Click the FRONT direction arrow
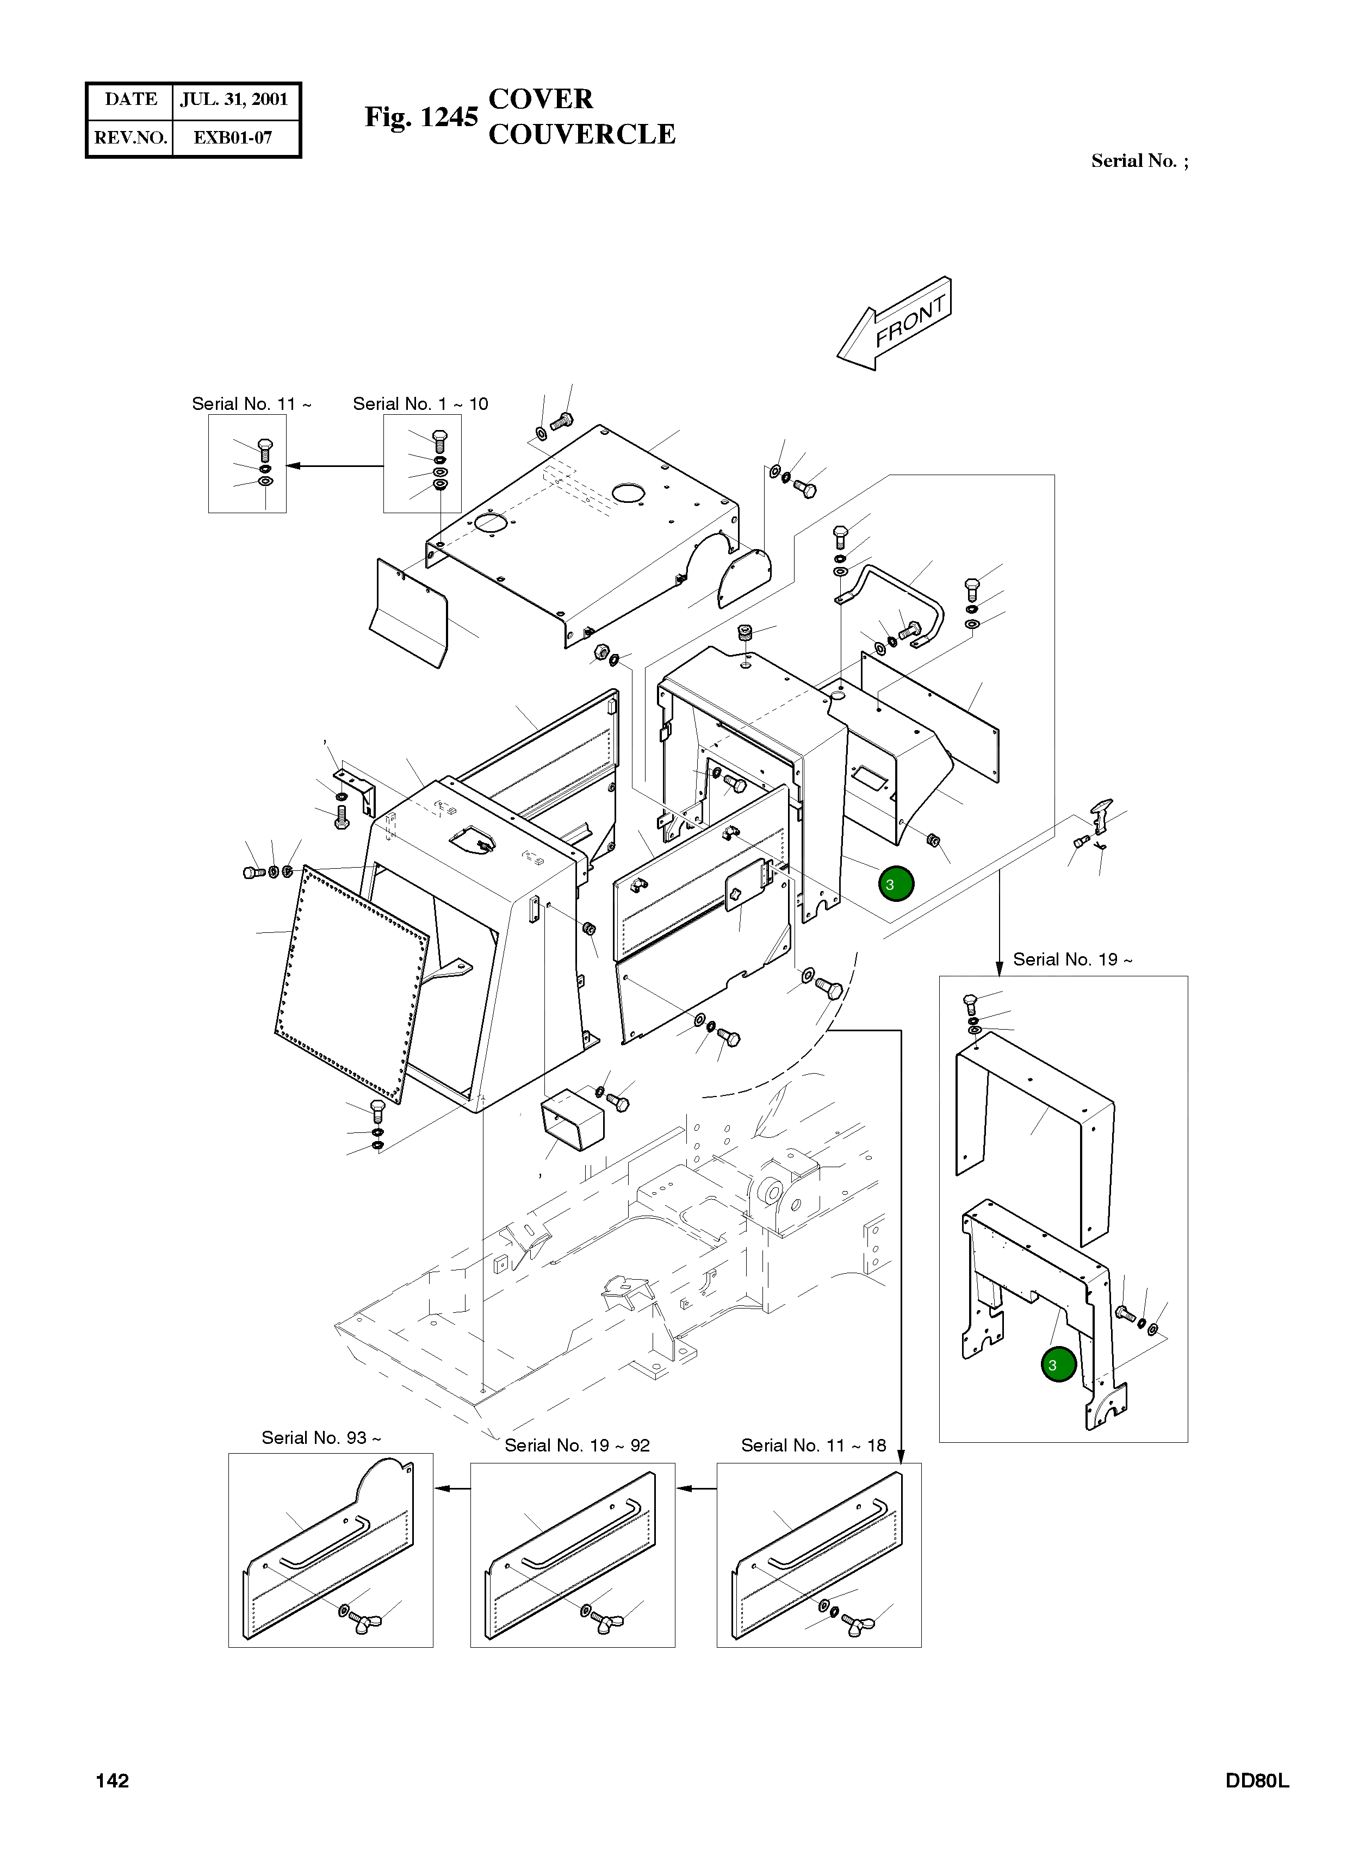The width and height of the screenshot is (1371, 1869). tap(894, 323)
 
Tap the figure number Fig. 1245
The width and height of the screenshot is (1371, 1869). tap(421, 117)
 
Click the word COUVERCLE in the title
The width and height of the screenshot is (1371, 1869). tap(582, 134)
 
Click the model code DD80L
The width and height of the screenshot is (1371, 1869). tap(1257, 1781)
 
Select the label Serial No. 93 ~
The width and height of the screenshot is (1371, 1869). tap(321, 1437)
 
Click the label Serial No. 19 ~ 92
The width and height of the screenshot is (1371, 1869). tap(577, 1445)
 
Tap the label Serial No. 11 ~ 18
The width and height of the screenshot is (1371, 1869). tap(814, 1445)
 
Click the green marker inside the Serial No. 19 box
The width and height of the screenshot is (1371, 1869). tap(1058, 1365)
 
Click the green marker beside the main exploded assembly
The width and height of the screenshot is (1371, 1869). tap(896, 884)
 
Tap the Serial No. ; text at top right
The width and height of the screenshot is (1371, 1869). tap(1139, 161)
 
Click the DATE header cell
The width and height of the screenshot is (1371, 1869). tap(131, 99)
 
